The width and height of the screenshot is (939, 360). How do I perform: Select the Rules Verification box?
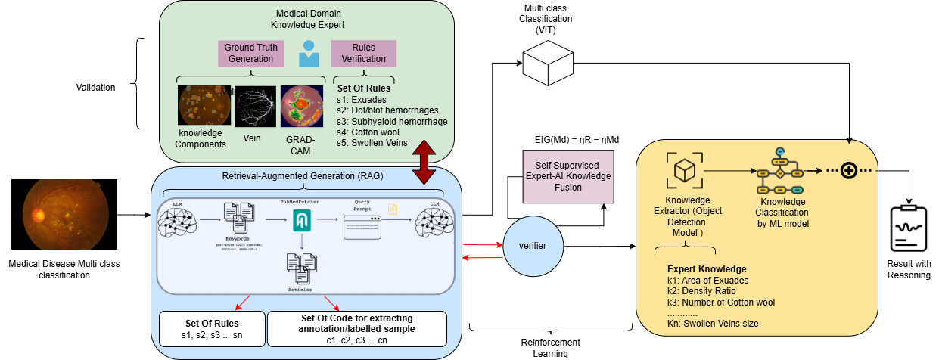click(363, 53)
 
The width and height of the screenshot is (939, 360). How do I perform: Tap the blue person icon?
click(308, 54)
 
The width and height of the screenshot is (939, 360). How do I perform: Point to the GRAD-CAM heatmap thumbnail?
click(302, 105)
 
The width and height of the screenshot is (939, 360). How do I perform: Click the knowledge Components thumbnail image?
click(204, 105)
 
